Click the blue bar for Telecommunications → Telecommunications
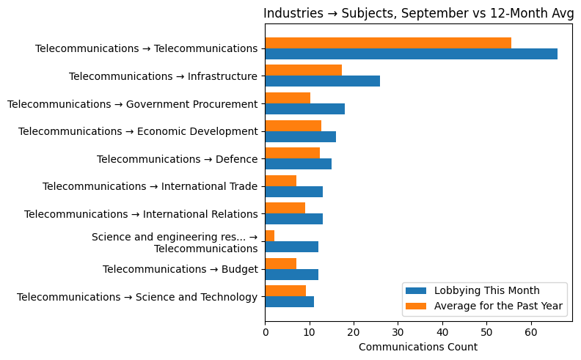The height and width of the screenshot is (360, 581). coord(411,54)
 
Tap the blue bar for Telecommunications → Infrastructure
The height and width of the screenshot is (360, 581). coord(322,81)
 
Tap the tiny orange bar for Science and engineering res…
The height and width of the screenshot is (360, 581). coord(269,236)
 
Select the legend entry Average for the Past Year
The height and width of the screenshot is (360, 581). coord(500,306)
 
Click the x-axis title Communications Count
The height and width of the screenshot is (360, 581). coord(417,347)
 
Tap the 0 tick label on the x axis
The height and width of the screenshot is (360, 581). coord(265,332)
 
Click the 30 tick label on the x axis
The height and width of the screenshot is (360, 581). coord(398,332)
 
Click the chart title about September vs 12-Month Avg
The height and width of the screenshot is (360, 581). coord(418,13)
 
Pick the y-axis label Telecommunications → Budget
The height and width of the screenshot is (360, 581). coord(180,269)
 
